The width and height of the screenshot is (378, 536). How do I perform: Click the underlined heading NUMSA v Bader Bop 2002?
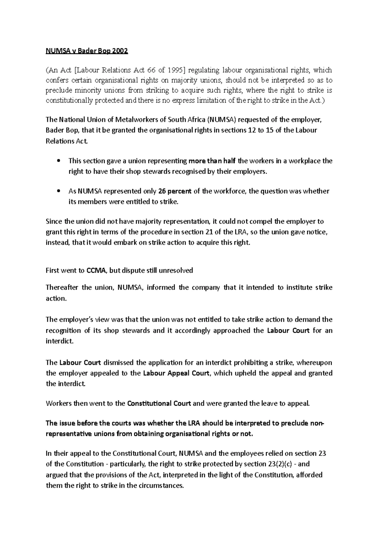tap(87, 51)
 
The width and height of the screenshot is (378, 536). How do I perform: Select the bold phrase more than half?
tap(212, 161)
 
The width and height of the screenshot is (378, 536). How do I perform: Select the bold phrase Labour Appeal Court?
tap(176, 373)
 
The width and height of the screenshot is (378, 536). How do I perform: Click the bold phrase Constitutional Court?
tap(159, 403)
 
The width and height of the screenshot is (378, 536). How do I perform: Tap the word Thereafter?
tap(62, 288)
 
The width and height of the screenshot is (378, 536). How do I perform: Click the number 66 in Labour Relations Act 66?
tap(151, 70)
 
